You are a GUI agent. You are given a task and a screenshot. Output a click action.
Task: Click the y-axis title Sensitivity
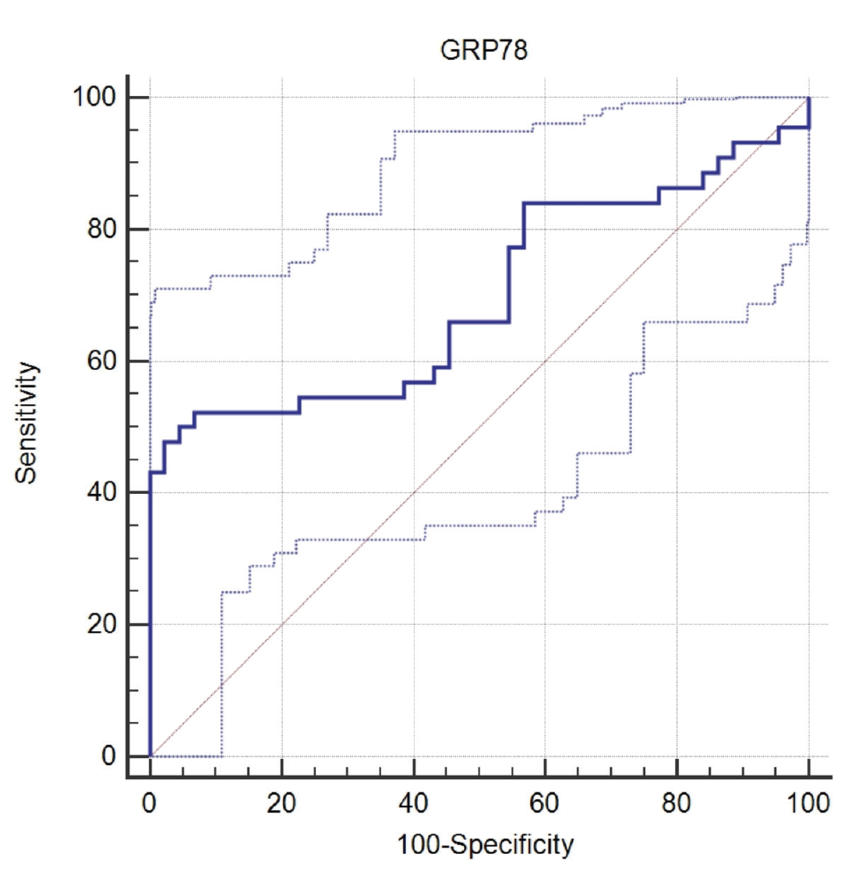29,423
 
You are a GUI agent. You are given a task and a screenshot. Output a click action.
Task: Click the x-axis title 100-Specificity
485,846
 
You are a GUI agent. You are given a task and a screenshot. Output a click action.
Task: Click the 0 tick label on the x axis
151,803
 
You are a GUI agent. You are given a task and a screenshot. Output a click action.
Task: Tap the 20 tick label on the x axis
282,803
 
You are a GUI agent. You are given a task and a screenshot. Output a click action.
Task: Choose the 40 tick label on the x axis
414,803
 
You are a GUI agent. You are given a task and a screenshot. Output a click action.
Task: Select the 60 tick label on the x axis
545,803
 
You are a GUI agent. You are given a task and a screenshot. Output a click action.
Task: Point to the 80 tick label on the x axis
677,803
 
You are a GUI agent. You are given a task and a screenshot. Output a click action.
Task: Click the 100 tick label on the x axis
808,803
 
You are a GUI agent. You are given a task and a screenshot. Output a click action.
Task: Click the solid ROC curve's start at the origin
151,756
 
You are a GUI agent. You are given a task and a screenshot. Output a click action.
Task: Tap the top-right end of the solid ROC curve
808,98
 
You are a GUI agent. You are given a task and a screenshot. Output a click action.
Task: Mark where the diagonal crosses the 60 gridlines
545,362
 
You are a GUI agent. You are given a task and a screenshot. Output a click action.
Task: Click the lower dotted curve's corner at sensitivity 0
222,756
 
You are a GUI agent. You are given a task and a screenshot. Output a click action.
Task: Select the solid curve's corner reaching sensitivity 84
525,203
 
